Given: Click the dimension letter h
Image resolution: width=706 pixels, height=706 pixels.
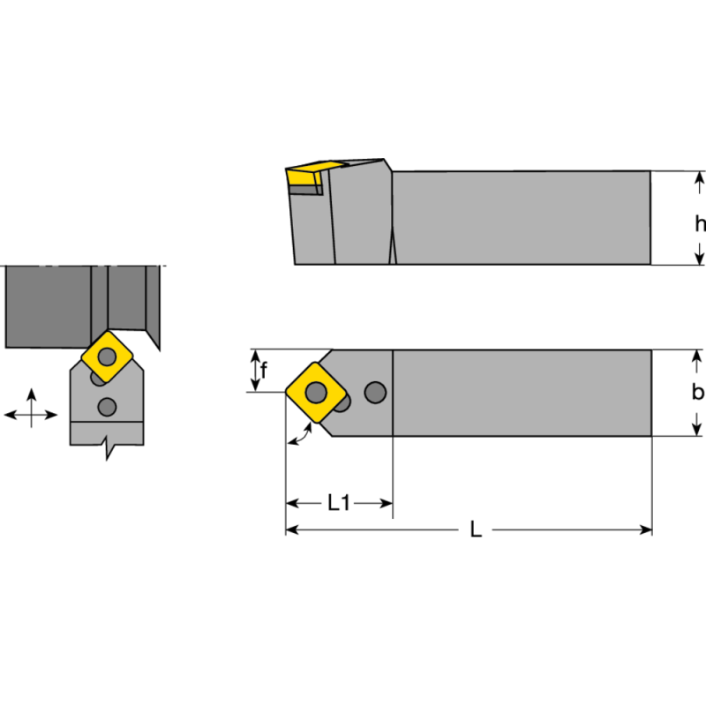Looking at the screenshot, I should [x=699, y=224].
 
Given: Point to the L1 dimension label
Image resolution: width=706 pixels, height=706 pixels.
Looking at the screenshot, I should [x=339, y=503].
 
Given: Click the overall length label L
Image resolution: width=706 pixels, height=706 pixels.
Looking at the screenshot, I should [x=476, y=530].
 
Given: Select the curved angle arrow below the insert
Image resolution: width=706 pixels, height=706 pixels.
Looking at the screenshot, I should [x=301, y=434].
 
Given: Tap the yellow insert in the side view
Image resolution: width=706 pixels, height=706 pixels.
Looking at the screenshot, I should [x=305, y=174].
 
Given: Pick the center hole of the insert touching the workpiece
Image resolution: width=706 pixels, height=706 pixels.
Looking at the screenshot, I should [x=107, y=357].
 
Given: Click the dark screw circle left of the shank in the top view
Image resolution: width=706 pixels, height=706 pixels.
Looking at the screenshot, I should [x=375, y=391].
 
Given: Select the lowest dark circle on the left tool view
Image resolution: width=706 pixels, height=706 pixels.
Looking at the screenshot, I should [x=108, y=406].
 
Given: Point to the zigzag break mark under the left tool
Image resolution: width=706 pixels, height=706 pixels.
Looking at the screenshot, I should [x=109, y=448].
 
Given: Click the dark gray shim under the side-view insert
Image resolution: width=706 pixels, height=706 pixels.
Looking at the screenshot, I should [x=304, y=189].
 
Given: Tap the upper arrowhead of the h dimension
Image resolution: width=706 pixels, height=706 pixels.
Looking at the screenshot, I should [x=700, y=179].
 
